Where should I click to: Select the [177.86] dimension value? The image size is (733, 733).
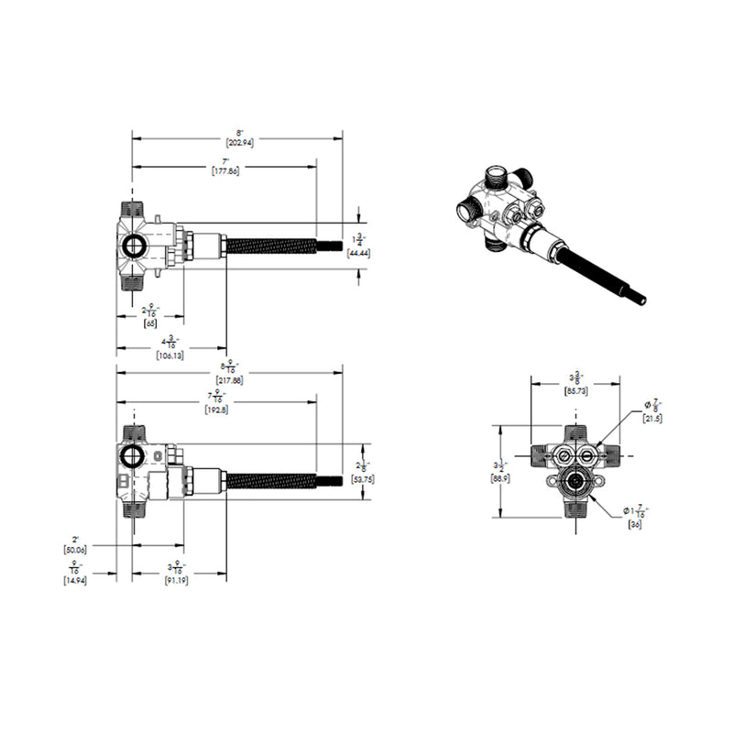[224, 171]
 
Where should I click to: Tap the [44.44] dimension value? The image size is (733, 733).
[358, 253]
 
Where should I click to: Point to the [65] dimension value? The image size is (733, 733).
[149, 323]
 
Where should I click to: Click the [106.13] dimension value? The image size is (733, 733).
[170, 356]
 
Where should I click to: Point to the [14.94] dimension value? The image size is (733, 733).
[75, 581]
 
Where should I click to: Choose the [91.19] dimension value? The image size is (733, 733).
[177, 581]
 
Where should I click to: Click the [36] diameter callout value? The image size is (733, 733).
[635, 524]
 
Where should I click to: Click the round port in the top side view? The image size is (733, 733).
[135, 245]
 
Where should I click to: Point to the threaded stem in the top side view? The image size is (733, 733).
[271, 245]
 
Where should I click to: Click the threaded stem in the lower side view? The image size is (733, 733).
[271, 479]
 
